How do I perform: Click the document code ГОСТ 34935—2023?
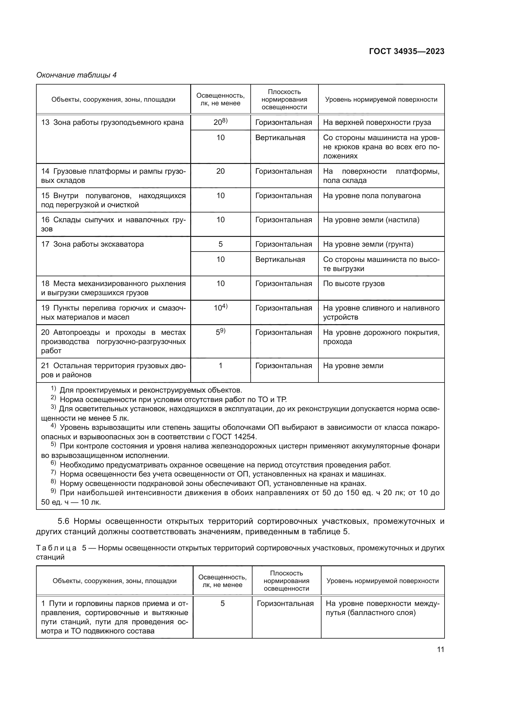[x=406, y=51]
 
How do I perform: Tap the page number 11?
[x=440, y=649]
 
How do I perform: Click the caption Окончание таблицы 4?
[x=77, y=75]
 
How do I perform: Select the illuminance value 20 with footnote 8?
[x=220, y=122]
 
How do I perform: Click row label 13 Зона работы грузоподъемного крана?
[x=112, y=122]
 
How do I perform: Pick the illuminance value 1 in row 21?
[x=220, y=366]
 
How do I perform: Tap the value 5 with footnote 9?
[x=220, y=332]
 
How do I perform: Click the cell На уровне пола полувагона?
[x=372, y=196]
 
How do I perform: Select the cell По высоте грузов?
[x=354, y=284]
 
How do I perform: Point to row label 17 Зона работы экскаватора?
[x=92, y=244]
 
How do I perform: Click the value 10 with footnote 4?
[x=220, y=308]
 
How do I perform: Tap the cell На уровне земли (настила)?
[x=371, y=220]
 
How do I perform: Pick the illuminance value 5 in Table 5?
[x=222, y=603]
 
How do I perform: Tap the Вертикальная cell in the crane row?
[x=280, y=138]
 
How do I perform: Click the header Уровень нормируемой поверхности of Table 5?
[x=383, y=581]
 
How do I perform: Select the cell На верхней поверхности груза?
[x=377, y=122]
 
